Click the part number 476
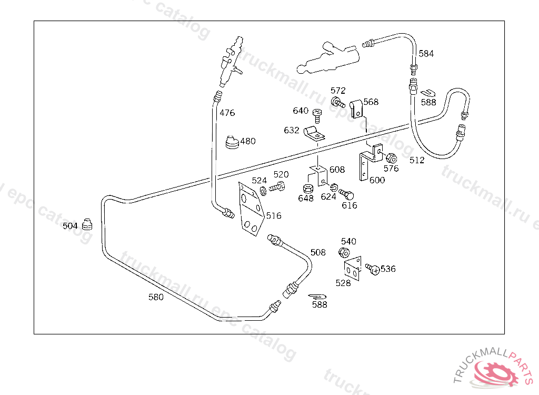coord(227,113)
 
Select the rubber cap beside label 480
coord(232,142)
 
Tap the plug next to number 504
coord(87,224)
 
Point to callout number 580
coord(156,297)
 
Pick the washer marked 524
coord(263,190)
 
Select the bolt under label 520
coord(277,187)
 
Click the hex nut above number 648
coord(308,189)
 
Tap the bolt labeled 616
coord(346,194)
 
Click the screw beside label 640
coord(317,116)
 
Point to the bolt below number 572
coord(338,102)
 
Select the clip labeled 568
coord(356,108)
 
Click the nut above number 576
coord(391,159)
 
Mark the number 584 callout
coord(426,54)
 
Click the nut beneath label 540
coord(344,253)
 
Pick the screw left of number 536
coord(372,269)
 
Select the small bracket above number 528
coord(353,268)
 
